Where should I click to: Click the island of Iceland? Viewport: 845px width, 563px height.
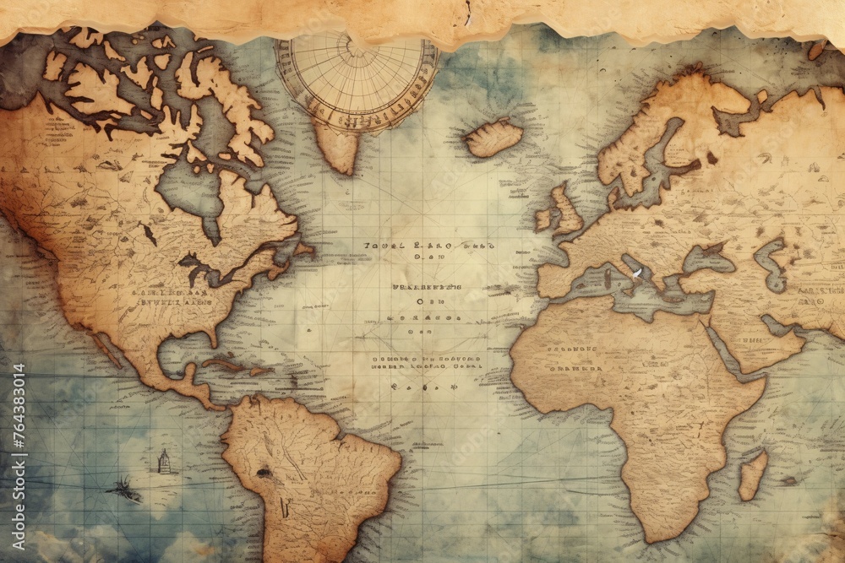494,138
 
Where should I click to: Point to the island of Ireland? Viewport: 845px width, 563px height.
542,219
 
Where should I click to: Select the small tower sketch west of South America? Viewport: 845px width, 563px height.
164,461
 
